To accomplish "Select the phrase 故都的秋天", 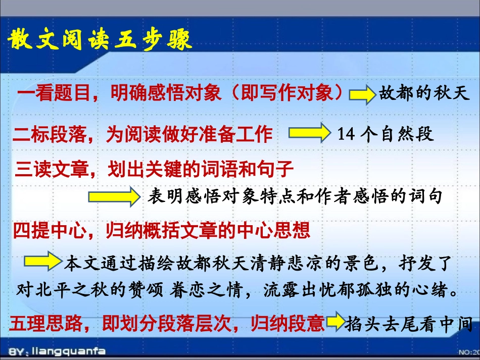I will tap(424, 94).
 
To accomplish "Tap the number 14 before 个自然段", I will tap(346, 135).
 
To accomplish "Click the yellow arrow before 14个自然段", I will tap(309, 133).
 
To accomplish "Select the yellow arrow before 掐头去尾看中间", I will tap(335, 324).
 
